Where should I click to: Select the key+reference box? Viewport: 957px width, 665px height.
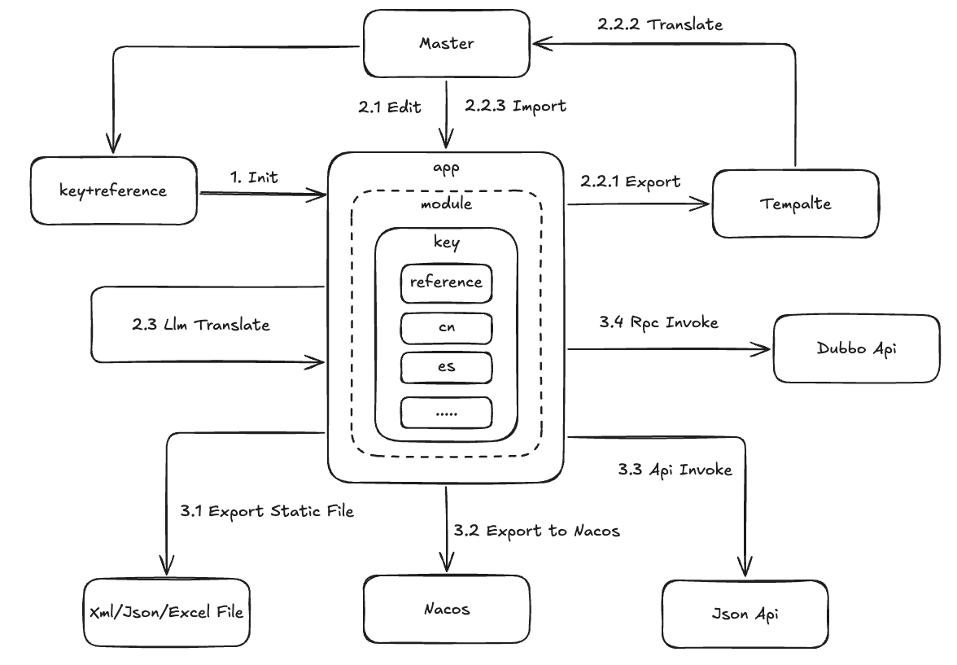point(113,191)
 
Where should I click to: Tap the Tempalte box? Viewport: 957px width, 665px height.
point(796,203)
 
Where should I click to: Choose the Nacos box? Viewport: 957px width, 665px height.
point(446,609)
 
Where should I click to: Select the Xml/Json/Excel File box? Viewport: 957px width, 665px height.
point(167,611)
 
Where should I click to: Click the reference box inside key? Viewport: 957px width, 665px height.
point(446,282)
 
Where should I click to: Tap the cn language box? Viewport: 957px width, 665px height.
point(446,327)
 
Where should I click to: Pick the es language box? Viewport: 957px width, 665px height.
point(446,367)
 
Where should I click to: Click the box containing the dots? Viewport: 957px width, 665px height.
point(446,413)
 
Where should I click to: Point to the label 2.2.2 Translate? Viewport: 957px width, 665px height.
point(659,24)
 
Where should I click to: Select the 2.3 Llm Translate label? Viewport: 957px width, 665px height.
point(200,324)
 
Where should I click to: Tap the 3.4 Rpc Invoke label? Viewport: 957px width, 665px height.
point(658,322)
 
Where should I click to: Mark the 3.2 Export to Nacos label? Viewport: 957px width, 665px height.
point(538,531)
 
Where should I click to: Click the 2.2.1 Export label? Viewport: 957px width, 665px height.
point(631,181)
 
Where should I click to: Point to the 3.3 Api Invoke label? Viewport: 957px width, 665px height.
point(675,469)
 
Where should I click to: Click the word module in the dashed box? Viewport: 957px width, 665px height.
point(446,203)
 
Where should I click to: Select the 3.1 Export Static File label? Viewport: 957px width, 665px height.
point(266,511)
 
